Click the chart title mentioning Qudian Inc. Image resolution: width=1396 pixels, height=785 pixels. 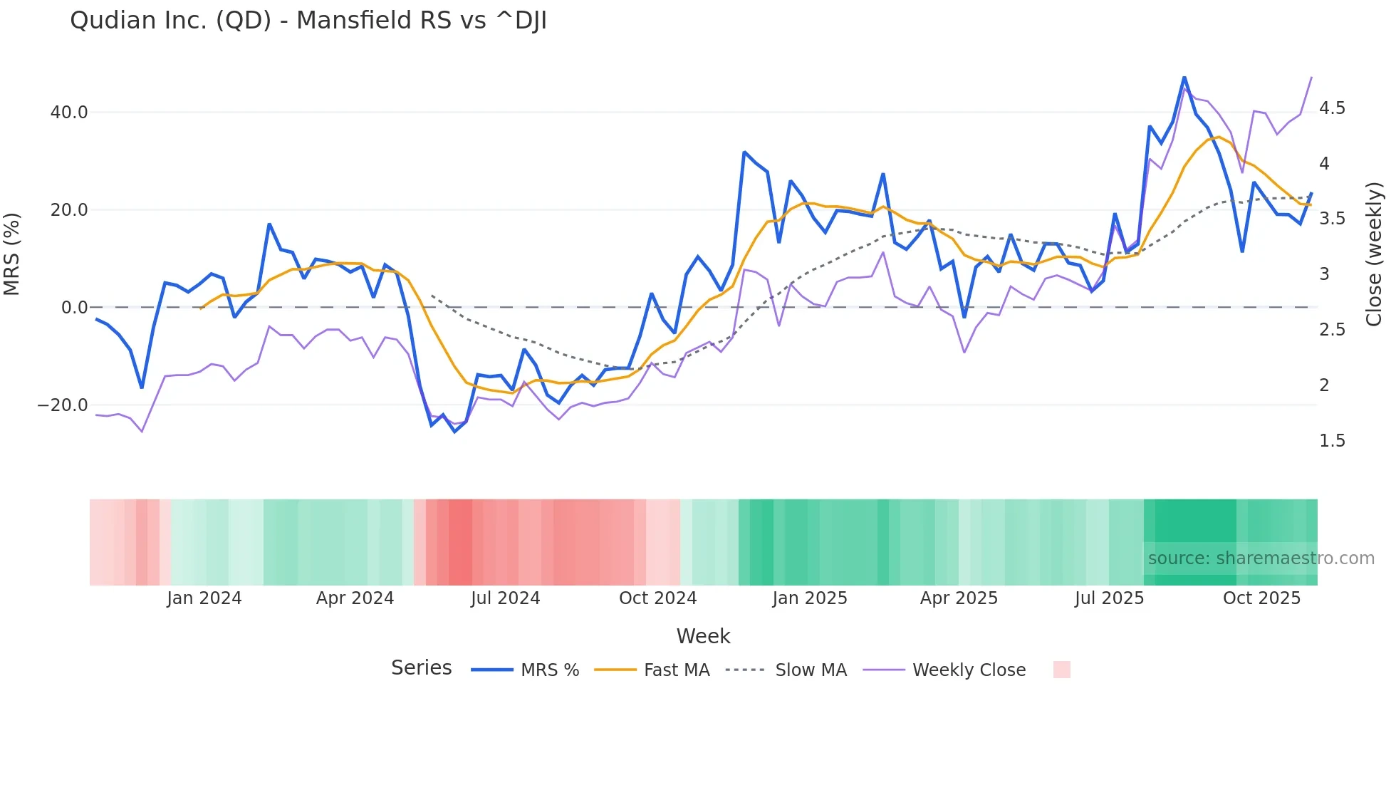(x=308, y=21)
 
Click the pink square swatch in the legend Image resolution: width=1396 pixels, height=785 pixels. (x=1061, y=670)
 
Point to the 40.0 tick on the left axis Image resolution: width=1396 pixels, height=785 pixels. (x=69, y=113)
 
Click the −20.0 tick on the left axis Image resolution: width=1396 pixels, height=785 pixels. (x=63, y=405)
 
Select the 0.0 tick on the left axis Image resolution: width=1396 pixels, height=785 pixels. (x=74, y=308)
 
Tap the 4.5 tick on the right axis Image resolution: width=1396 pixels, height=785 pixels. (x=1332, y=108)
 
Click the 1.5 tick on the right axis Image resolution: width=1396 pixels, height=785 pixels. (x=1332, y=441)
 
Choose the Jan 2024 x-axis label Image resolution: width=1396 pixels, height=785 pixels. (x=204, y=598)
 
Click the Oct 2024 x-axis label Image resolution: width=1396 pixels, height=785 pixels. (x=657, y=598)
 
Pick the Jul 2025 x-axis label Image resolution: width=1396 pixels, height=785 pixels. (x=1109, y=598)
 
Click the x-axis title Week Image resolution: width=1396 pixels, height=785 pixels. (x=703, y=636)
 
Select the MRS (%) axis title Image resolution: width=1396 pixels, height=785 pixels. (x=12, y=254)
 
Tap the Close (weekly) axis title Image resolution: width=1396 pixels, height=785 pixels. (x=1374, y=254)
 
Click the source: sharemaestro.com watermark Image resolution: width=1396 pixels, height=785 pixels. (x=1261, y=558)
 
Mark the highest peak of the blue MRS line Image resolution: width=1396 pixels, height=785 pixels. (x=1184, y=77)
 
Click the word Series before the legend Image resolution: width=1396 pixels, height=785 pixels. (x=421, y=668)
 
